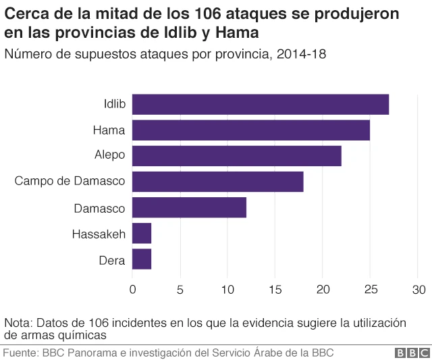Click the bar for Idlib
260,105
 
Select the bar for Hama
250,130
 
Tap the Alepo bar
236,156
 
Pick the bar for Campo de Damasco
217,182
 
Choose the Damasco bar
189,207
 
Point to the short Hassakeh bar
142,233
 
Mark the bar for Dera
142,259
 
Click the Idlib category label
114,105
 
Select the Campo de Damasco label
70,182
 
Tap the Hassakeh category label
99,234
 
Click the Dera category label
112,259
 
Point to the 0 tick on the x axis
132,290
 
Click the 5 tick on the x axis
180,290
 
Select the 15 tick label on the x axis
275,290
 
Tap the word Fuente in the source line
20,353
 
